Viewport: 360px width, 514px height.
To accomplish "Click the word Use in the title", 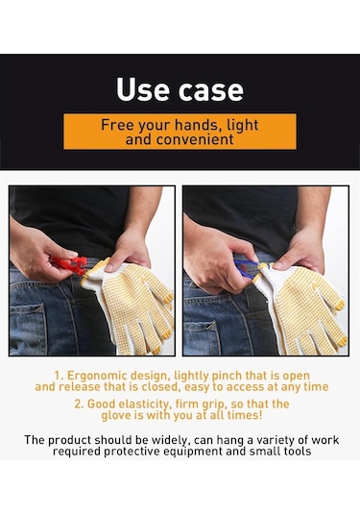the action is pyautogui.click(x=143, y=89).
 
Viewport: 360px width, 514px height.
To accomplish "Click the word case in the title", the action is pyautogui.click(x=211, y=90).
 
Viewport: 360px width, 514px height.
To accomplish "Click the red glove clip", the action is pyautogui.click(x=70, y=264).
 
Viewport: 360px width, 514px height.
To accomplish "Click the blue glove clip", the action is pyautogui.click(x=247, y=268).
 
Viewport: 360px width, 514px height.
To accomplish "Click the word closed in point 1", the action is pyautogui.click(x=161, y=387).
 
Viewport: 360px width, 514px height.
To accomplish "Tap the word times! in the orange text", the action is pyautogui.click(x=245, y=415).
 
